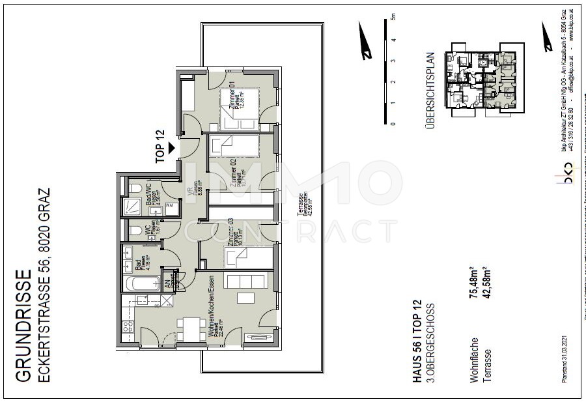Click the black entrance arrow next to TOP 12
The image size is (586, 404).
point(172,148)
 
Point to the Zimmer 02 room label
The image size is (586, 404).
point(234,174)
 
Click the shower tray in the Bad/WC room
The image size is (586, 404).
point(135,208)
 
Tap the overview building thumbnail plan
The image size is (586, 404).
point(484,81)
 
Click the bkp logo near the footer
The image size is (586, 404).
point(571,175)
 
